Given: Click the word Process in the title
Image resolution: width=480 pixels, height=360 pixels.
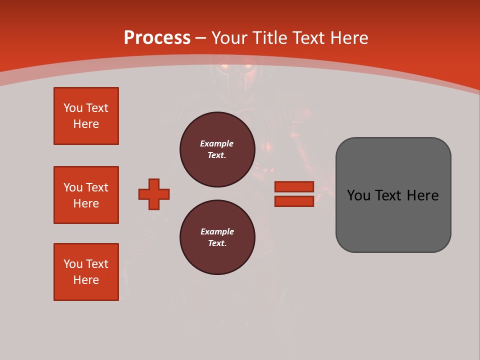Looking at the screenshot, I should tap(157, 38).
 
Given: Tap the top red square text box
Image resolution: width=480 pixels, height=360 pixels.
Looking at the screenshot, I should tap(86, 116).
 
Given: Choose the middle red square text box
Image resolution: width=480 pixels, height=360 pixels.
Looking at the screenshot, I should tap(86, 195).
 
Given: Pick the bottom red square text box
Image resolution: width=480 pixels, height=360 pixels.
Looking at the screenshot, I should tap(86, 272).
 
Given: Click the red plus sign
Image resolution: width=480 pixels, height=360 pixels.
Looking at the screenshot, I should tap(154, 194).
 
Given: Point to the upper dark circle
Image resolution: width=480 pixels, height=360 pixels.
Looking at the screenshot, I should tap(217, 149).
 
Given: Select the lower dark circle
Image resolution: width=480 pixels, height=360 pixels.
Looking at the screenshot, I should tap(217, 237).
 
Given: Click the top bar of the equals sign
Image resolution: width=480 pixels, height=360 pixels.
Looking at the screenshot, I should tap(294, 186).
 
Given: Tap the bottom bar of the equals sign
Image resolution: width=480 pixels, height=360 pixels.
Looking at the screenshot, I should tap(294, 201).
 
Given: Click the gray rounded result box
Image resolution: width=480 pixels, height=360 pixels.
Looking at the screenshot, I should tap(393, 195).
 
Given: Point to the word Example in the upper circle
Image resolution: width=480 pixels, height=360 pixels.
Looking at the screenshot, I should tap(217, 143).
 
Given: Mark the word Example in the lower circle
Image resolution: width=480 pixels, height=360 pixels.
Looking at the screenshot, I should tap(217, 231).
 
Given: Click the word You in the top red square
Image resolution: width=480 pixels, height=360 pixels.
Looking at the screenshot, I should tap(72, 108).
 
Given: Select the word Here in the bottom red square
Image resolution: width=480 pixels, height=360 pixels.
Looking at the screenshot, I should tap(86, 280).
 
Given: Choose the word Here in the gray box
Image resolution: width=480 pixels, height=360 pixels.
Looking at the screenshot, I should tap(422, 195).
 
